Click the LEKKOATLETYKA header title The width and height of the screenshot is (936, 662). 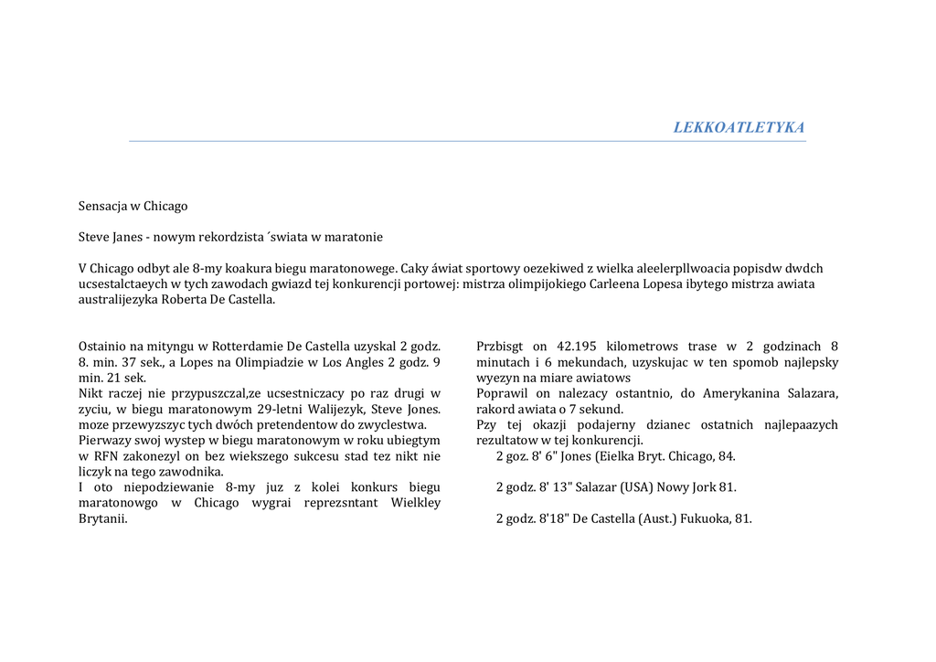pos(739,127)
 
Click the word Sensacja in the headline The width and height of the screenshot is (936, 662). pos(103,206)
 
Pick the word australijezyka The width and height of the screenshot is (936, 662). pos(119,299)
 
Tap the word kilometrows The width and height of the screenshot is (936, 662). pos(645,347)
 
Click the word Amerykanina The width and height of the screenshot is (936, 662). pos(743,393)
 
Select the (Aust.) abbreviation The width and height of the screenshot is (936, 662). pos(650,518)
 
